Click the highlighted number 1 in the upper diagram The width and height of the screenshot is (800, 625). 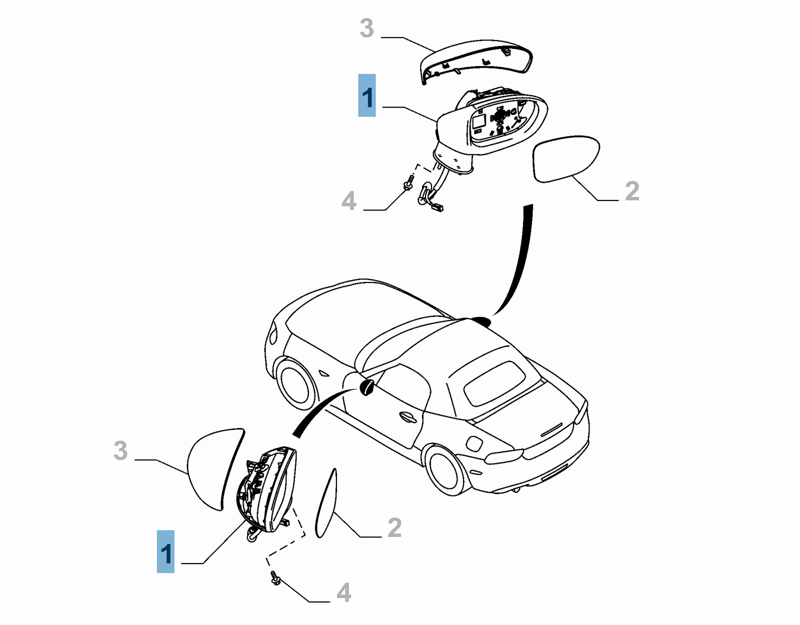(367, 96)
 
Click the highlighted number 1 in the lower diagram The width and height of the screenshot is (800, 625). (165, 551)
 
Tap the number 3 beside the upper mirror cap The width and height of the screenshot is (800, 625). (366, 28)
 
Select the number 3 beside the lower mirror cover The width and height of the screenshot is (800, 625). (120, 450)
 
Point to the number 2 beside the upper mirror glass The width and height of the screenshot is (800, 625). (632, 191)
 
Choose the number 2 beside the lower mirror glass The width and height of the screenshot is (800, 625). (394, 527)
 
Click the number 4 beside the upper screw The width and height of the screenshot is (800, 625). (348, 201)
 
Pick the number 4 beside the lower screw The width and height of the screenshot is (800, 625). (343, 592)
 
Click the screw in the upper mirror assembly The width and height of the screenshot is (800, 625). (409, 182)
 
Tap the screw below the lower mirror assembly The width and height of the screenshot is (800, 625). (274, 577)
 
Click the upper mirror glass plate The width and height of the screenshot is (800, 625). (566, 158)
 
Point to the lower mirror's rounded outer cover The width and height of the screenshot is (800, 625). (212, 467)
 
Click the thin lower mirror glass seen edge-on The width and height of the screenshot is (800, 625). (326, 502)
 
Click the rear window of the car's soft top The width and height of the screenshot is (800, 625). (495, 382)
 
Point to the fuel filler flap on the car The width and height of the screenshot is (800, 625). (473, 442)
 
